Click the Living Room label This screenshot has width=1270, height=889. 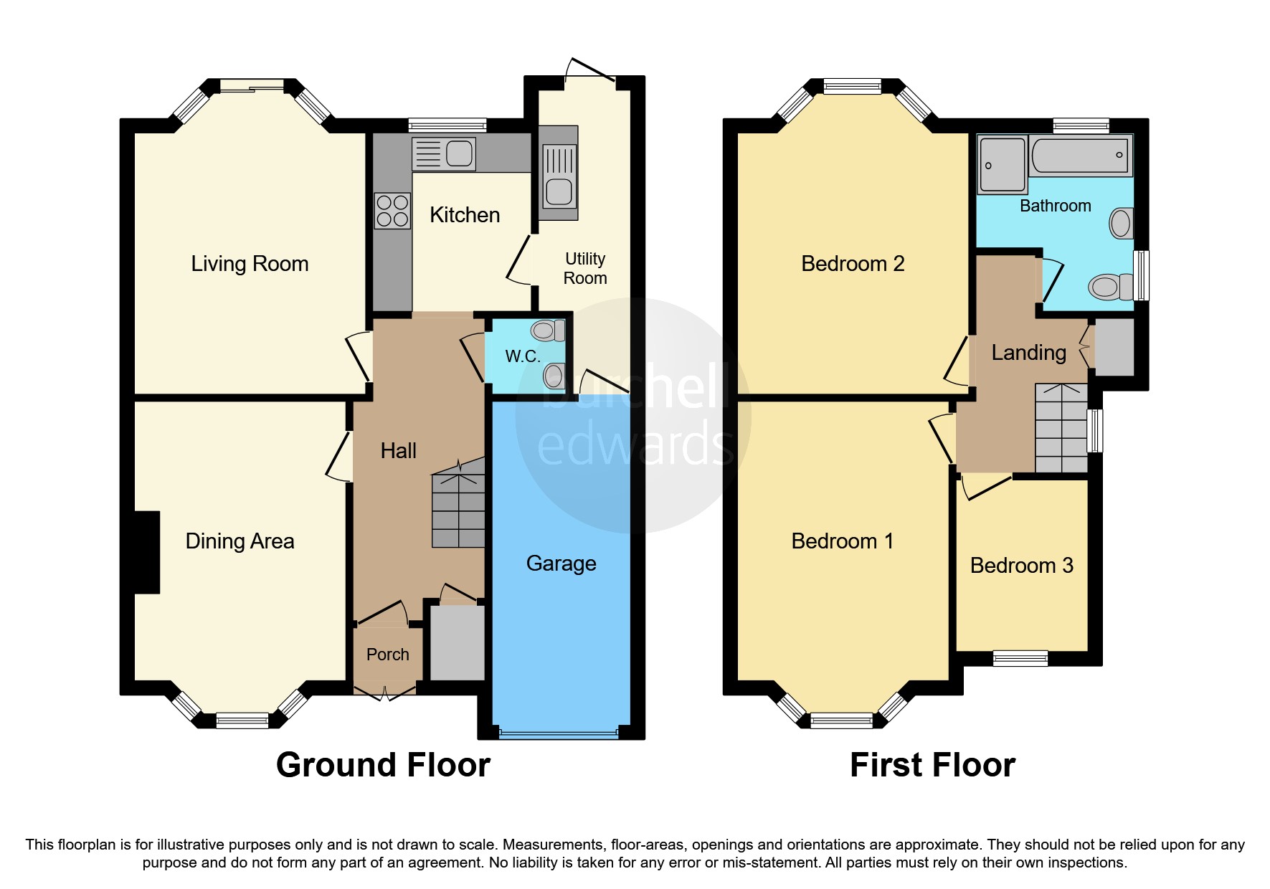click(250, 264)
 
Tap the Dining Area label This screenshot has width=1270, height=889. click(240, 541)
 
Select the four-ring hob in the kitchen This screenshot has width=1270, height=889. click(392, 211)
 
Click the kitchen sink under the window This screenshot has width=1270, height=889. click(444, 154)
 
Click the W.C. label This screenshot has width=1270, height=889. click(523, 356)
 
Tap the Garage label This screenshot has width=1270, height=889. click(561, 564)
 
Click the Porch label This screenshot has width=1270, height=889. click(388, 655)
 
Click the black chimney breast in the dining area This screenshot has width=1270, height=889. click(147, 552)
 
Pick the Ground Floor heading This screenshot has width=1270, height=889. click(384, 765)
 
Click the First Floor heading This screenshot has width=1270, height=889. click(933, 765)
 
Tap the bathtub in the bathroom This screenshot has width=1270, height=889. click(1081, 155)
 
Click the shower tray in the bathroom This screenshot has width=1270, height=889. click(1003, 164)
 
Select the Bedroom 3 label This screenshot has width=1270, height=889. click(1022, 566)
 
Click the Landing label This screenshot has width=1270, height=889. click(1029, 353)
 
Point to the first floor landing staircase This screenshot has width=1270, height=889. click(1061, 428)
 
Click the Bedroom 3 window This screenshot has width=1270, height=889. click(1020, 658)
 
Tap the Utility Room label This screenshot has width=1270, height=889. click(585, 268)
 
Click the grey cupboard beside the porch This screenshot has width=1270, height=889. click(458, 642)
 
